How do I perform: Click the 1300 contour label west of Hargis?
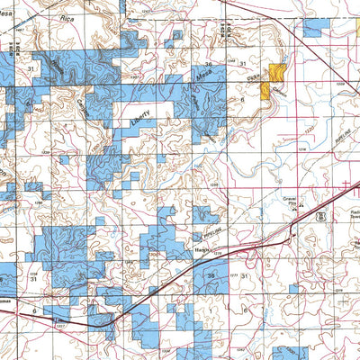click(x=155, y=255)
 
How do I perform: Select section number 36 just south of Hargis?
click(x=212, y=275)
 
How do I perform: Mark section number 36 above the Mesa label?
click(x=209, y=66)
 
